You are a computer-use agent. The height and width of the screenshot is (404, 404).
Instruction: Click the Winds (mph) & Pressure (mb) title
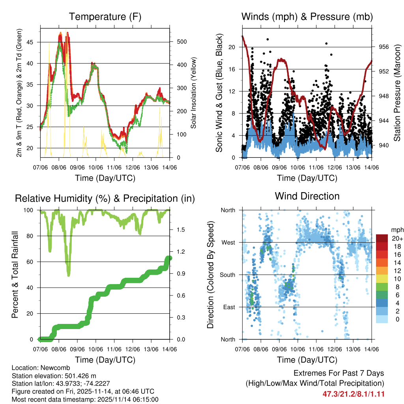point(307,17)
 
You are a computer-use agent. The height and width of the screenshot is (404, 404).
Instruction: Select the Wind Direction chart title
point(307,196)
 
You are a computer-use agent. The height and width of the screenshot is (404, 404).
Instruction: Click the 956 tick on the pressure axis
point(383,47)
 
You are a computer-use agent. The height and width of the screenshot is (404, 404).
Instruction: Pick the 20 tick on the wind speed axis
point(232,47)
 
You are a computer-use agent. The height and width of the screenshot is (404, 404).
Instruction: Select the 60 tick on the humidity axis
point(32,262)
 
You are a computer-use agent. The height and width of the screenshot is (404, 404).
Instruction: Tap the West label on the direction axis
point(228,242)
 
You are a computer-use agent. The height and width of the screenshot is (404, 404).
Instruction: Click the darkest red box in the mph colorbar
point(382,239)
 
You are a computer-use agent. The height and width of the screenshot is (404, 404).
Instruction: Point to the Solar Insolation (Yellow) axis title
point(194,93)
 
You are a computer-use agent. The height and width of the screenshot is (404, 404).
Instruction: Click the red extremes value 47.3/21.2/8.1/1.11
point(353,394)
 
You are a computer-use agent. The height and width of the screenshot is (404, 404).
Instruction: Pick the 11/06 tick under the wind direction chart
point(316,349)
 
